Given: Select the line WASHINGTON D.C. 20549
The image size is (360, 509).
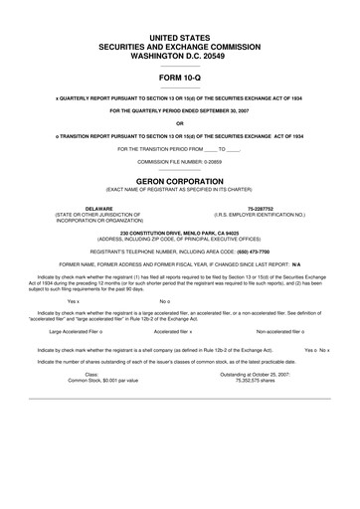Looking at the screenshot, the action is coord(179,55).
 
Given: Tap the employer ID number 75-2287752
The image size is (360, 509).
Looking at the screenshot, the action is coord(260,208).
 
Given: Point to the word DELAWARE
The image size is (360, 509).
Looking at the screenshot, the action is coord(98,208).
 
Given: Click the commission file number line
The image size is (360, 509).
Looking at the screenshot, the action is coord(179,159).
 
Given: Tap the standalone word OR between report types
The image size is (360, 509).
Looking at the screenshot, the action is coord(179,123).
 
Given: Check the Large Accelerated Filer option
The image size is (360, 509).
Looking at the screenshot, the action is coord(79,332).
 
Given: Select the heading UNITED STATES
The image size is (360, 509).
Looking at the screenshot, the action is coord(179,36).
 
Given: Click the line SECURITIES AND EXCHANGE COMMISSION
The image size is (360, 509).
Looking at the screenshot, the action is coord(179,46).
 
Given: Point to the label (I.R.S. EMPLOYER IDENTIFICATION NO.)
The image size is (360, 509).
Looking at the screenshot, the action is coord(260,214).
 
